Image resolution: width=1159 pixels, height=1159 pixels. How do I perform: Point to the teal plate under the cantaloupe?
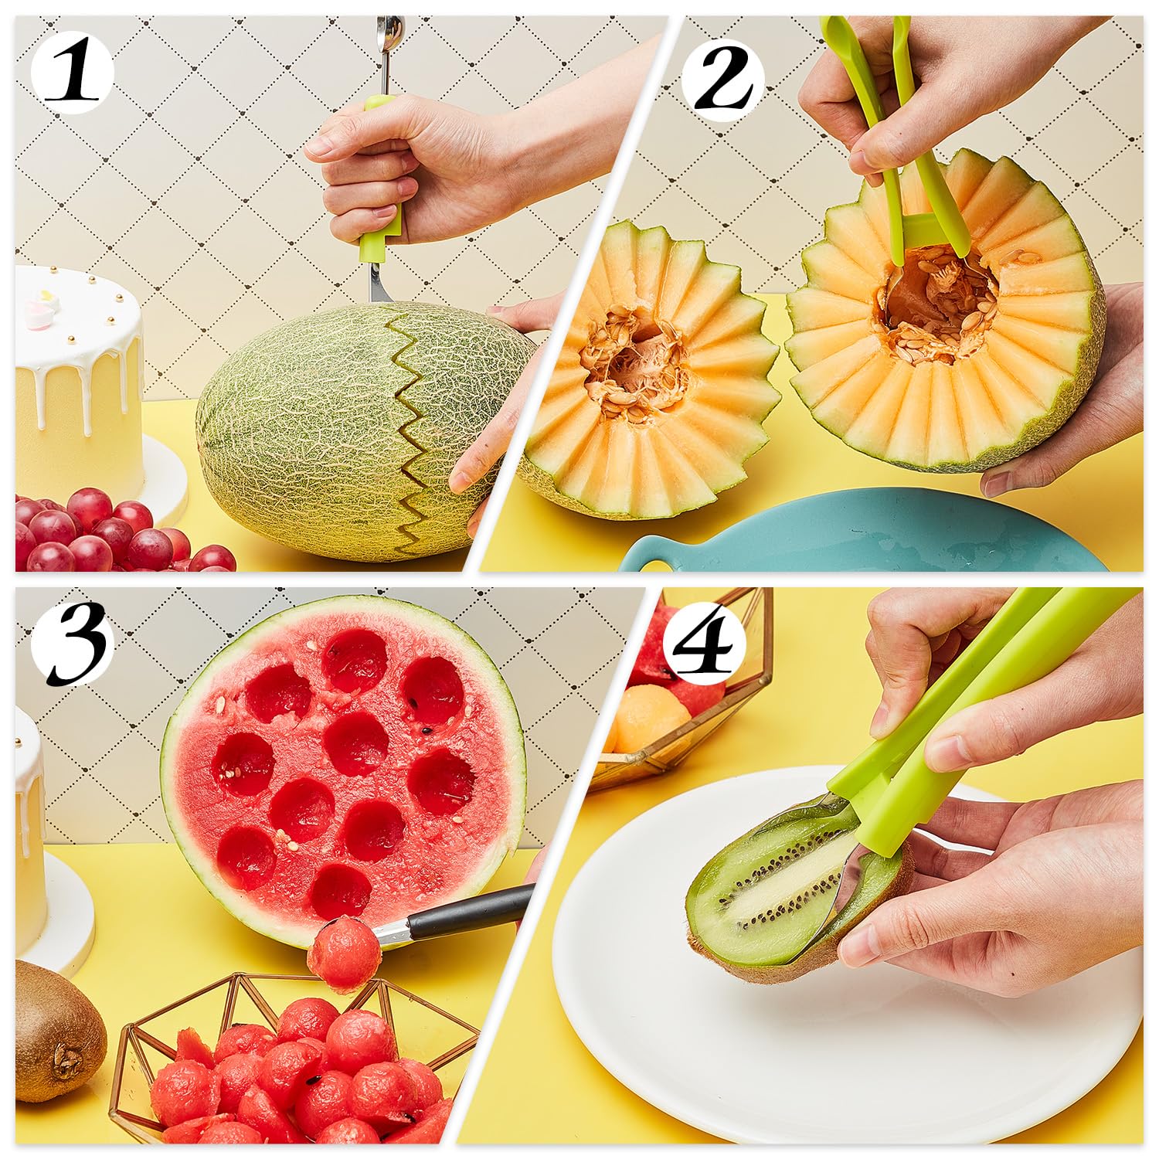point(850,533)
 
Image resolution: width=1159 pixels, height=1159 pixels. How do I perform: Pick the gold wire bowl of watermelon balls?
point(294,1066)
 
